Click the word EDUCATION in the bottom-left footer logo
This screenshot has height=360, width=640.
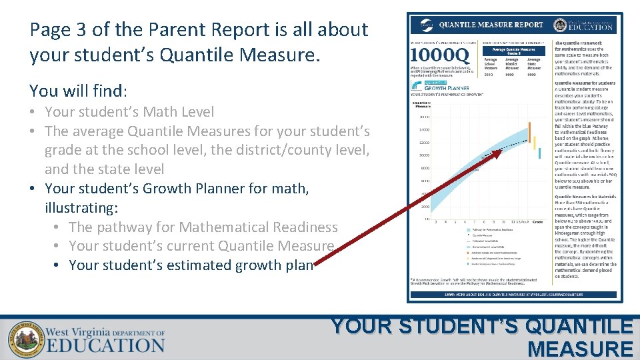105,345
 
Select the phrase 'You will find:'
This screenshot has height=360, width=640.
78,91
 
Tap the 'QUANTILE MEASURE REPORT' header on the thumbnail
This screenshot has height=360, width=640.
491,25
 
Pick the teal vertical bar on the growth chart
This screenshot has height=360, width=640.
539,153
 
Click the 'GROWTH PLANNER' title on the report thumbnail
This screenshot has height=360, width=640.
447,87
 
